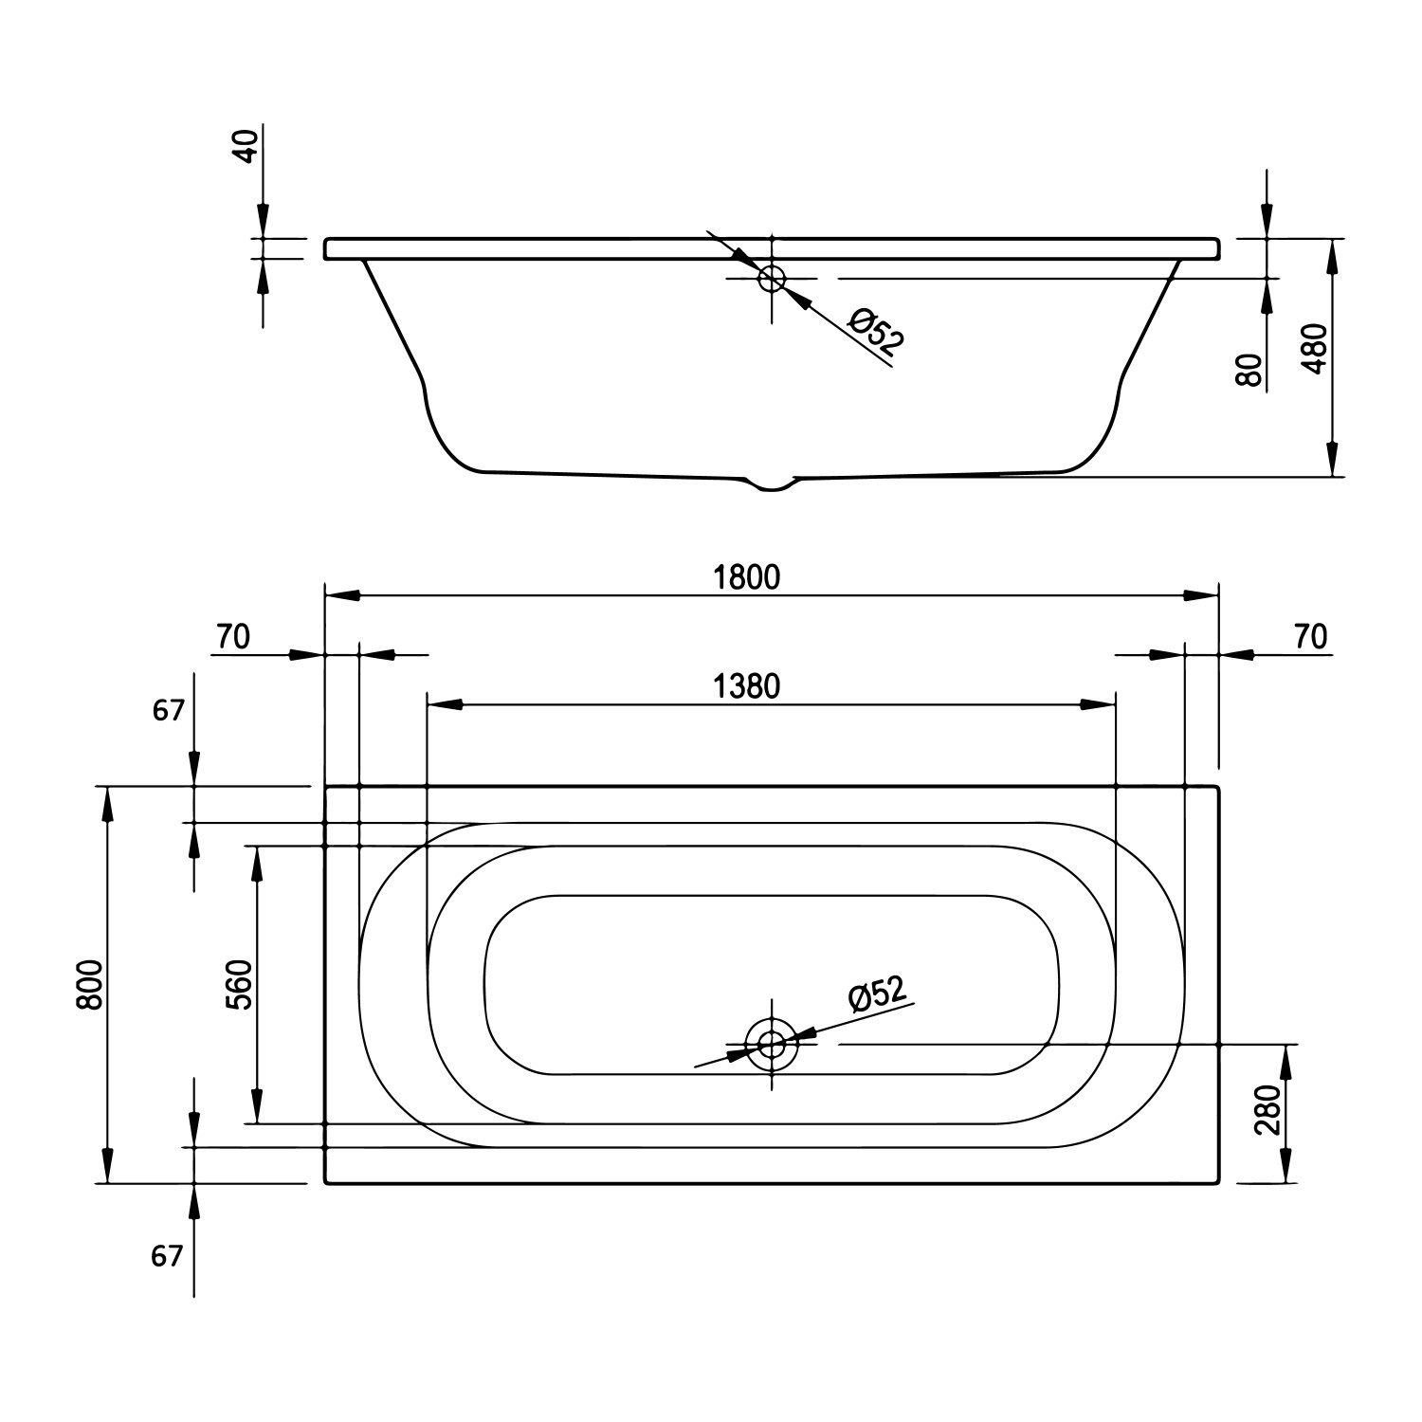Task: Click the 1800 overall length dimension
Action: click(x=747, y=576)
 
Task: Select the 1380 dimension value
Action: click(x=747, y=685)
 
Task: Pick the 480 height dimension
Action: click(x=1318, y=350)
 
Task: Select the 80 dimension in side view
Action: click(x=1250, y=370)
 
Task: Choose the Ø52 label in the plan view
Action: click(x=878, y=994)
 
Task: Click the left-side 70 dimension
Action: click(x=232, y=637)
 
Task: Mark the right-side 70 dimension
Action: click(x=1310, y=637)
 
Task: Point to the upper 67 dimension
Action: click(x=168, y=709)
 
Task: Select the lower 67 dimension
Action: click(x=166, y=1256)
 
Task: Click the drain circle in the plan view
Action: click(x=772, y=1045)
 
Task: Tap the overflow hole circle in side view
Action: click(x=772, y=278)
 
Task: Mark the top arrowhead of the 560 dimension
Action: click(x=256, y=861)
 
